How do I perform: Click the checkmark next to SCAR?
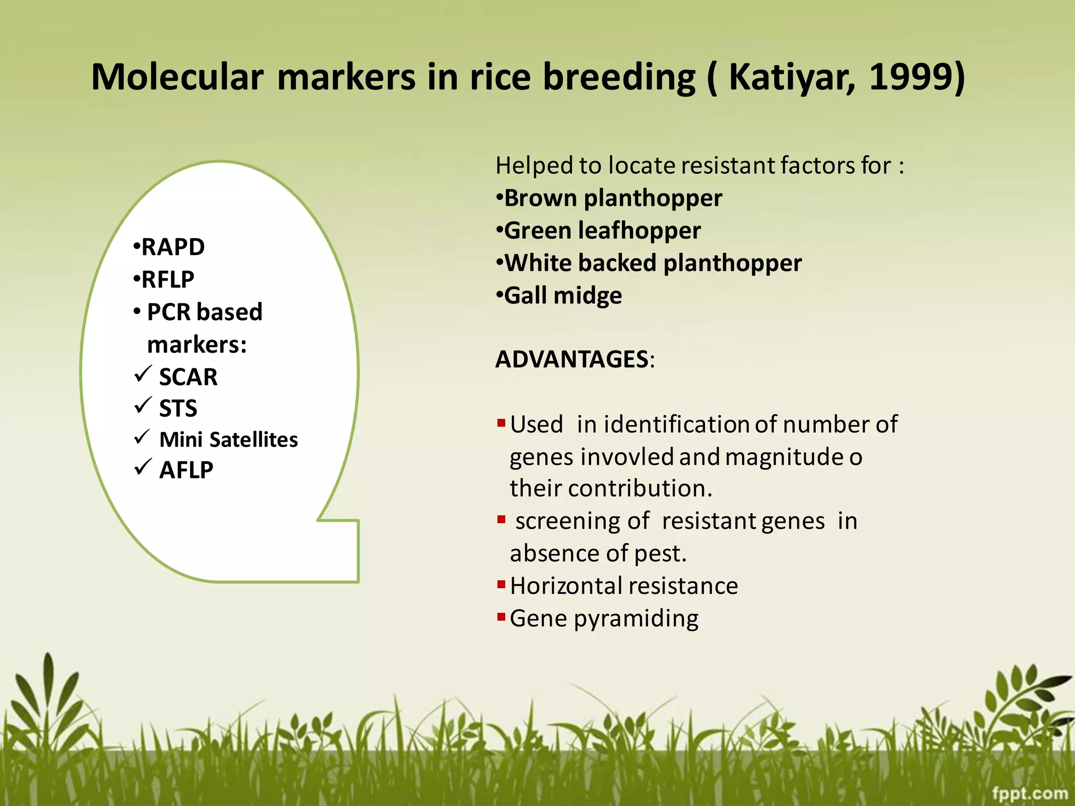[143, 374]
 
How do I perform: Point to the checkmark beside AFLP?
[143, 466]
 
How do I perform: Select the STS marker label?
[178, 408]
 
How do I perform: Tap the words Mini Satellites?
[228, 440]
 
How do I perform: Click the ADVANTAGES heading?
[572, 359]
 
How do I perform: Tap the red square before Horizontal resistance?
[501, 584]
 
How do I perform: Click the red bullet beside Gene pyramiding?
[501, 616]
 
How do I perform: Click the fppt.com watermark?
[1029, 793]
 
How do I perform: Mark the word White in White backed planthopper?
[536, 263]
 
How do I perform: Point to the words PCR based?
[205, 312]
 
